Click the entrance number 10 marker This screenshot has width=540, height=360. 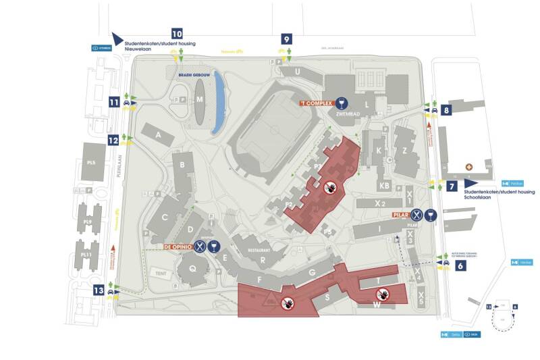(177, 33)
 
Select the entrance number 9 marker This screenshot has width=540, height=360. (288, 38)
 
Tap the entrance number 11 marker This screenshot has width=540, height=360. (114, 103)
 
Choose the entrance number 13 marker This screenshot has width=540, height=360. (99, 290)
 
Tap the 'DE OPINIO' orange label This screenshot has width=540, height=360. (177, 247)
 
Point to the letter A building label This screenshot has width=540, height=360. (160, 136)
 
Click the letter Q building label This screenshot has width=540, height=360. (192, 267)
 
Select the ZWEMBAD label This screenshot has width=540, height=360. (344, 115)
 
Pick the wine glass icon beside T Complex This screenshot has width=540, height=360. (344, 103)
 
